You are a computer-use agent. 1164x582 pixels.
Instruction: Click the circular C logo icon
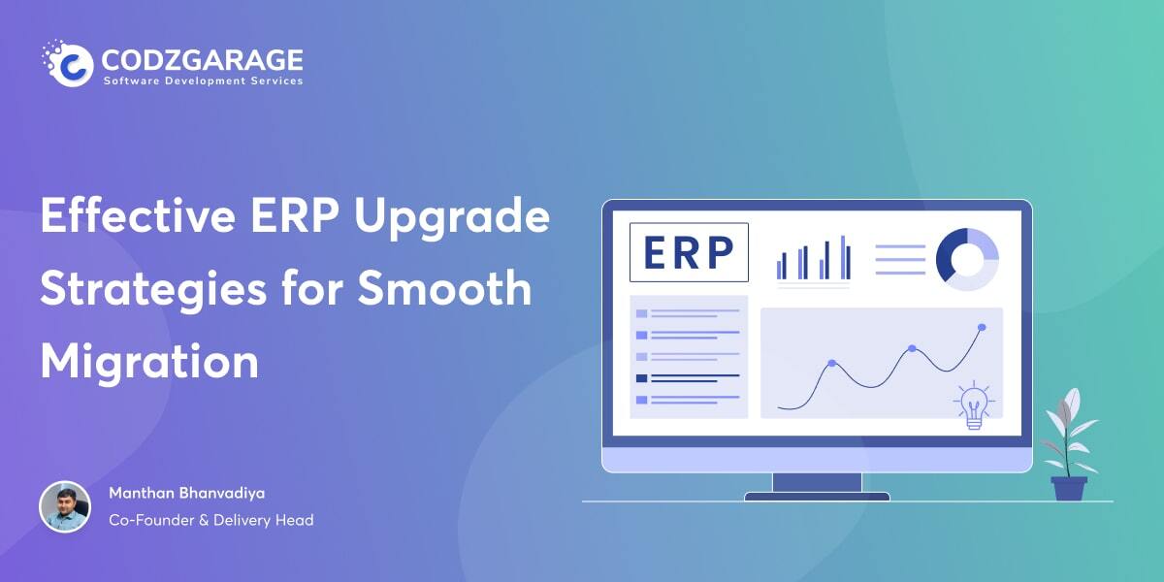point(69,63)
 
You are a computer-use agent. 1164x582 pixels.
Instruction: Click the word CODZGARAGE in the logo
point(202,60)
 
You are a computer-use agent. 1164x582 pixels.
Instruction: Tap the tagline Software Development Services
point(203,81)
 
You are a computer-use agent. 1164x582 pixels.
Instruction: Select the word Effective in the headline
point(138,215)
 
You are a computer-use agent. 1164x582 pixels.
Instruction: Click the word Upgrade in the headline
point(452,218)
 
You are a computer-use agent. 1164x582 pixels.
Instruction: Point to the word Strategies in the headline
point(153,289)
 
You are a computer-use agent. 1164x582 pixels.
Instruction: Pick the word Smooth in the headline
point(445,287)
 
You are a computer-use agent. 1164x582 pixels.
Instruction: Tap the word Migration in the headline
point(149,362)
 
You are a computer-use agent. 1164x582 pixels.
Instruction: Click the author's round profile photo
point(65,506)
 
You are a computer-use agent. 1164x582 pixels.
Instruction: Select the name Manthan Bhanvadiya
point(186,493)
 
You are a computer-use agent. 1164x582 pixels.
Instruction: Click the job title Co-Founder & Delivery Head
point(211,520)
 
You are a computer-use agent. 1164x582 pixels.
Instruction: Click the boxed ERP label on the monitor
point(689,252)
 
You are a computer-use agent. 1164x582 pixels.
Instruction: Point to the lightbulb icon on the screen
point(974,405)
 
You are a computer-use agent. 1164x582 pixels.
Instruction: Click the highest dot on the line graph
point(982,327)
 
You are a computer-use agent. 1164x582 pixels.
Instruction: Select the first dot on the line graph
point(832,363)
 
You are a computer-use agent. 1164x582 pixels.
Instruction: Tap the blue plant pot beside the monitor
point(1069,489)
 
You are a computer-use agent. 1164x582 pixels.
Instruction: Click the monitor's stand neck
point(818,482)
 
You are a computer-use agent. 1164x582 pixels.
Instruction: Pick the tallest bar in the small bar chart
point(843,258)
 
